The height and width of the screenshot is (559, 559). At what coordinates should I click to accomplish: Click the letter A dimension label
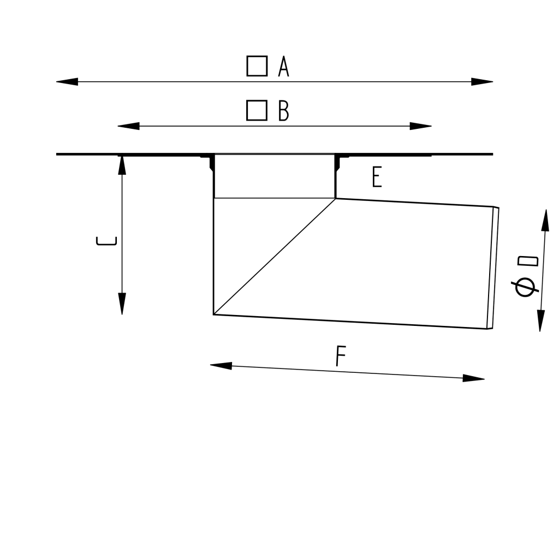(x=284, y=66)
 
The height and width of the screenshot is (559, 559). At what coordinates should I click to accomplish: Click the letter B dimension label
(x=284, y=110)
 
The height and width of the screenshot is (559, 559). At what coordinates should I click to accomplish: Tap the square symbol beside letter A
(x=257, y=66)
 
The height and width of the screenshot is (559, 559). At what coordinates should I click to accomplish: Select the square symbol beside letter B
(x=257, y=110)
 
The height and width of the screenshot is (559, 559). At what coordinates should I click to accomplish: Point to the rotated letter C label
(x=106, y=241)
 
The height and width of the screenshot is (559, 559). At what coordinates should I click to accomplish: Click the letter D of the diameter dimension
(x=528, y=261)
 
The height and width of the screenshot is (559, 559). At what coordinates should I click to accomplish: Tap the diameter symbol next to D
(x=525, y=287)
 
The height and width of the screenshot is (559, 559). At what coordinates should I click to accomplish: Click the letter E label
(x=377, y=177)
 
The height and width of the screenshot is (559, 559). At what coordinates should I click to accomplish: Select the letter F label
(x=341, y=356)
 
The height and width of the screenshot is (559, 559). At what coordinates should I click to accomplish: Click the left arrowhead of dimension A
(x=67, y=82)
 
